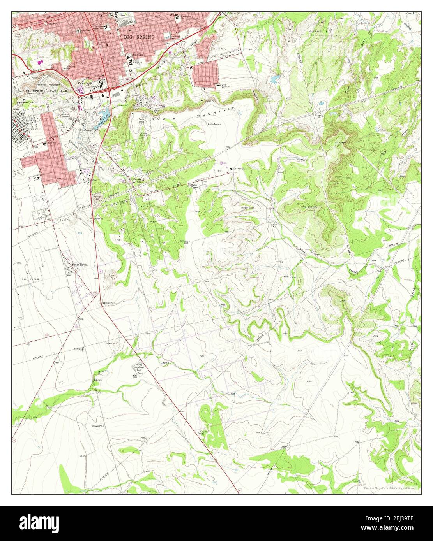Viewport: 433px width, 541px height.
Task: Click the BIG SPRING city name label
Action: point(139,37)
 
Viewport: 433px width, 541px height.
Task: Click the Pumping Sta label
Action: point(80,349)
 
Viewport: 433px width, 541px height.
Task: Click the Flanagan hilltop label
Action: point(342,142)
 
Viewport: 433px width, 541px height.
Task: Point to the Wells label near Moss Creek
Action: point(286,277)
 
